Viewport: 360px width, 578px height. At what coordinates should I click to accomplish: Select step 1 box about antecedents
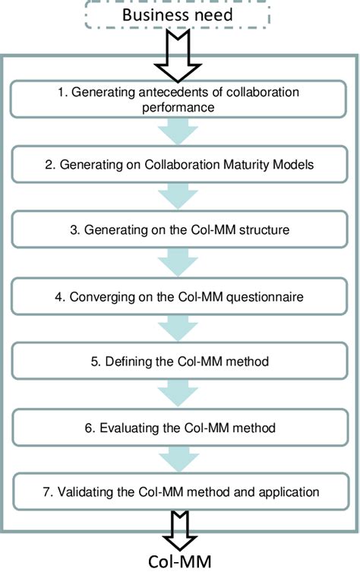pos(181,99)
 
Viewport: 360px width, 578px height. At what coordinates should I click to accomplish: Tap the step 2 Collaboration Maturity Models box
pos(181,163)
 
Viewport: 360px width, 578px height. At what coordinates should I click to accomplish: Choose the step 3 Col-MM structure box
pos(181,229)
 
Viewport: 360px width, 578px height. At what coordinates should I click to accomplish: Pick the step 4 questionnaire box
pos(181,296)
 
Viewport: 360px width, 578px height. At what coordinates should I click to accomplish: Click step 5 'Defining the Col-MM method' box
pos(181,362)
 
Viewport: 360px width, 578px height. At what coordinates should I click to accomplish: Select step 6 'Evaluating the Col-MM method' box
pos(181,428)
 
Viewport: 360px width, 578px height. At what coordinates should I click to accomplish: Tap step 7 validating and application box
pos(181,491)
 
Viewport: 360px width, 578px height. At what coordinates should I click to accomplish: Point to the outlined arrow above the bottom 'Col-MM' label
pos(180,529)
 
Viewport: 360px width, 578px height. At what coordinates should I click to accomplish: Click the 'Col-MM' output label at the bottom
pos(180,563)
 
